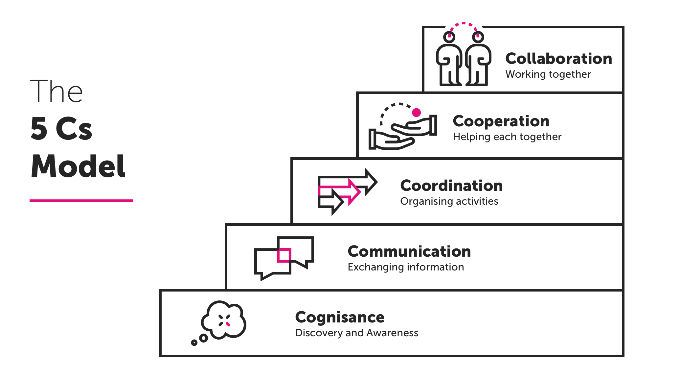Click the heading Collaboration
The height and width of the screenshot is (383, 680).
point(558,59)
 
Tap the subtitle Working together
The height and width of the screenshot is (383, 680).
point(548,74)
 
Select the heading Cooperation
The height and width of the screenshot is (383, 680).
point(501,121)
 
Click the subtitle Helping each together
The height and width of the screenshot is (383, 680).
point(507,137)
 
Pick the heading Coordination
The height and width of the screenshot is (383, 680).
point(451,186)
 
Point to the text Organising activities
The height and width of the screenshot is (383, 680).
point(449,201)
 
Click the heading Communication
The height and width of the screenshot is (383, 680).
point(409,251)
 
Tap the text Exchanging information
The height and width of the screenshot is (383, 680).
point(406,267)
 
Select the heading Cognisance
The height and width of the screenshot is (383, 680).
point(340,317)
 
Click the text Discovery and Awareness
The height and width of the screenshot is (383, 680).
point(356,333)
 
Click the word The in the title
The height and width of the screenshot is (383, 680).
point(56,91)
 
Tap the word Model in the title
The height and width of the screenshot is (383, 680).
point(78,166)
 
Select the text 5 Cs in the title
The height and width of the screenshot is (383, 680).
point(61,129)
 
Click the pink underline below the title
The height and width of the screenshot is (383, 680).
point(81,200)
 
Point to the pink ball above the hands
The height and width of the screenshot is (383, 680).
point(417,113)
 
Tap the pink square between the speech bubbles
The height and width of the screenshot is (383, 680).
point(284,255)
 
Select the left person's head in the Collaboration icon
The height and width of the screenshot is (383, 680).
point(449,37)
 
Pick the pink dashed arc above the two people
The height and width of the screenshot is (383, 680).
point(464,24)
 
